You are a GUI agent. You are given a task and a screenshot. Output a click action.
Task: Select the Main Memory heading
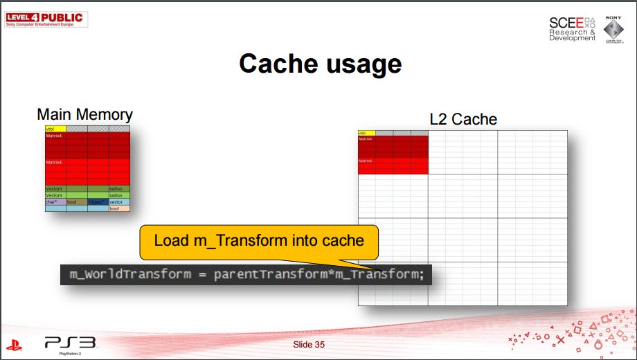[84, 114]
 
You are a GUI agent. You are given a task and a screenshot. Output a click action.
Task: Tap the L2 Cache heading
[463, 119]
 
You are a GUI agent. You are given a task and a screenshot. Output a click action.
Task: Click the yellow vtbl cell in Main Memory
[55, 129]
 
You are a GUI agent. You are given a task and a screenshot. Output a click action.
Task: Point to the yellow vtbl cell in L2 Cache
[366, 133]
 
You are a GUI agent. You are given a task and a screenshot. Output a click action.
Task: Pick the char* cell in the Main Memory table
[55, 202]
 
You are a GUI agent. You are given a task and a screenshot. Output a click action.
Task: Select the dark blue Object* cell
[98, 202]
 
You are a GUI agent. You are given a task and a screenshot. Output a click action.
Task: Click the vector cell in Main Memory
[119, 202]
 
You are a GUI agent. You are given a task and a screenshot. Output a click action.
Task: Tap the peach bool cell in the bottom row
[119, 208]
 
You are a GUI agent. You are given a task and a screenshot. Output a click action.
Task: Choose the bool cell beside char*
[76, 202]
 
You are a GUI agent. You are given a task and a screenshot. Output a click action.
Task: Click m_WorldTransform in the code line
[130, 274]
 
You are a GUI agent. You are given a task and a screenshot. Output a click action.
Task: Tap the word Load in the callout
[170, 240]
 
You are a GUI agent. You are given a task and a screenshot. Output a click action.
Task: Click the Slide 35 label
[309, 344]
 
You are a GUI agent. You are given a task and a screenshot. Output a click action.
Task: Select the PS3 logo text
[70, 342]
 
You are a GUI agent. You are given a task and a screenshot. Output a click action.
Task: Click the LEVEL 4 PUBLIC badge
[44, 17]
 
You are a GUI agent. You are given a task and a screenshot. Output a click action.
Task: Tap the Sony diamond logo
[613, 30]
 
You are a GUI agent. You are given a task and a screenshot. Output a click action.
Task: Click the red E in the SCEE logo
[579, 23]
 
